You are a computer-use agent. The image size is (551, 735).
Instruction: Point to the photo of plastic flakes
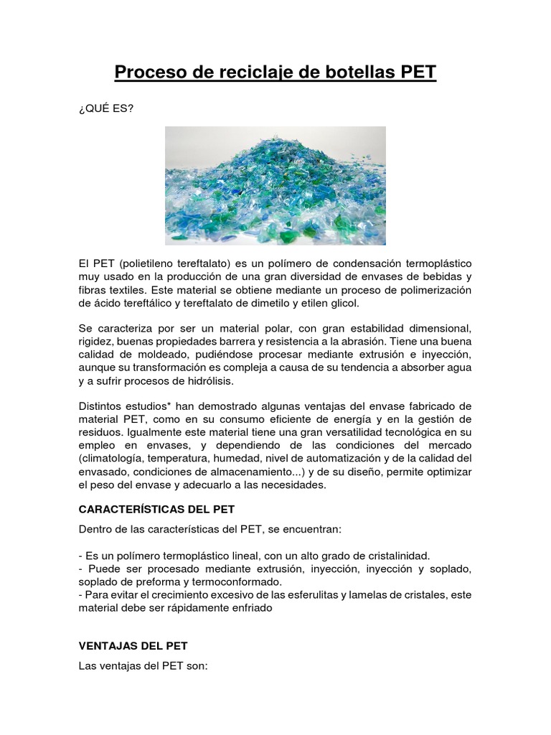pos(275,185)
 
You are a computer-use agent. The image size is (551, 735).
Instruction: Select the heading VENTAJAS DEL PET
pos(133,646)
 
